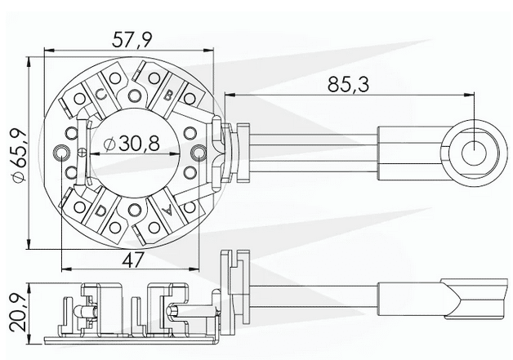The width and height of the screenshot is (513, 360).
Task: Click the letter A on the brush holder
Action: point(167,211)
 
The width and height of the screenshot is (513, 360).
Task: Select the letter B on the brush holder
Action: point(167,96)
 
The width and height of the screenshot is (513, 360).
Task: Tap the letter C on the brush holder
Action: point(101,95)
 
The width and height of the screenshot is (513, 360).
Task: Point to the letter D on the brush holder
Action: point(101,211)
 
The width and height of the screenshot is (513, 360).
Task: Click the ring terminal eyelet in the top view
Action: point(473,152)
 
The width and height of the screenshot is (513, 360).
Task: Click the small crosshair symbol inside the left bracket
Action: point(81,153)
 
